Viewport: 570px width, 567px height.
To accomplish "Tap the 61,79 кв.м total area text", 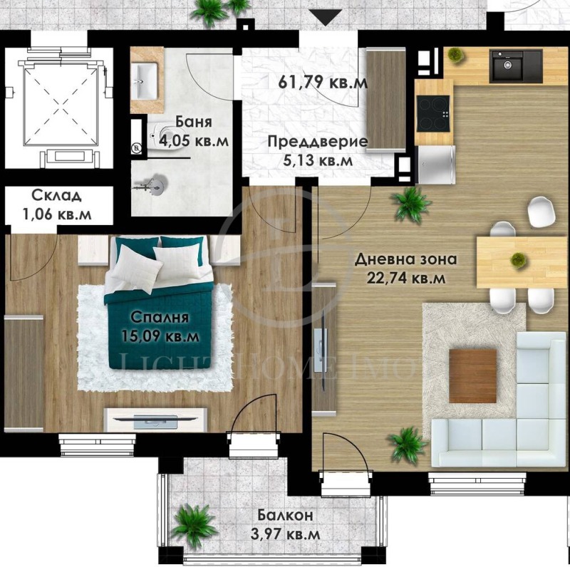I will click(x=323, y=82).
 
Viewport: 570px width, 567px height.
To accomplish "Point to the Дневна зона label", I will click(x=405, y=259).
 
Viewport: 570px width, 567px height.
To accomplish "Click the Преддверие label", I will click(x=318, y=142).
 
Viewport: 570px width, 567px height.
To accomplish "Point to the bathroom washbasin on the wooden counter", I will click(x=147, y=76).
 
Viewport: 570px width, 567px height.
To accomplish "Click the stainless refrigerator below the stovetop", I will click(x=435, y=164).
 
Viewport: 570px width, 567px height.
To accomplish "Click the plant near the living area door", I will click(x=410, y=204).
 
